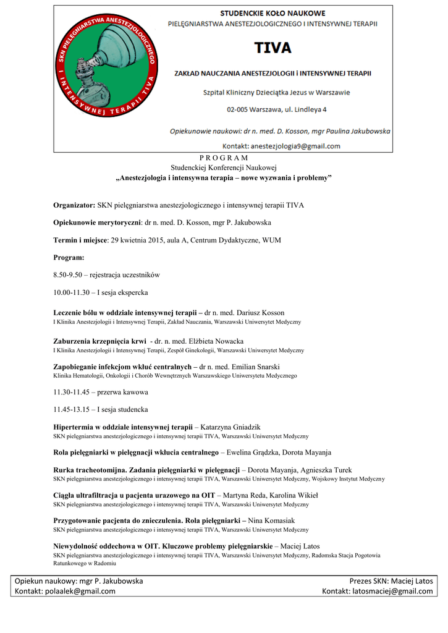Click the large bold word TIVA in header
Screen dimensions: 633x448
[273, 48]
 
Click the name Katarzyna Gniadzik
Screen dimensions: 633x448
[231, 427]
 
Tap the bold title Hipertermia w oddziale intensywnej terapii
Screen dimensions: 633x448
[123, 427]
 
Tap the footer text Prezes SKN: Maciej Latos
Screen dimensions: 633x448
[391, 581]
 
